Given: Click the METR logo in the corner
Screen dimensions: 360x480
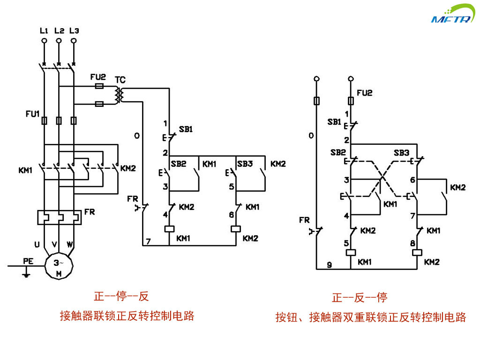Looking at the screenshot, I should (x=453, y=15).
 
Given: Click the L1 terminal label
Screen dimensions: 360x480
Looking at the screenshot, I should (x=44, y=30).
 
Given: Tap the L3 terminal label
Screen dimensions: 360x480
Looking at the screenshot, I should (x=74, y=30).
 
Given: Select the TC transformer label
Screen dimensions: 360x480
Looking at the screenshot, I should (x=120, y=80).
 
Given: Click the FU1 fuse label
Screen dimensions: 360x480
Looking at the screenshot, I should (x=33, y=114).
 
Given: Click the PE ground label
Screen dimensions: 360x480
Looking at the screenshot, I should (x=28, y=261).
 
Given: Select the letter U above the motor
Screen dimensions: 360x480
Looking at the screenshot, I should (x=37, y=244).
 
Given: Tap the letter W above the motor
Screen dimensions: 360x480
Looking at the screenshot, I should (x=70, y=244).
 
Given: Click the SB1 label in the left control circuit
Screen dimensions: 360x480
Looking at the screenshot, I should (x=186, y=129).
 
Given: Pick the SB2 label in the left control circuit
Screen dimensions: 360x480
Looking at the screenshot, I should (x=179, y=164).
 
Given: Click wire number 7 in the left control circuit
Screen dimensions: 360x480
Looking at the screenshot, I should (x=148, y=241).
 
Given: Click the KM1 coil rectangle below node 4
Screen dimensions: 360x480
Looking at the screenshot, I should (x=169, y=229).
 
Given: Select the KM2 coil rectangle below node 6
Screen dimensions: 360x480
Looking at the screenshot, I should (x=235, y=229).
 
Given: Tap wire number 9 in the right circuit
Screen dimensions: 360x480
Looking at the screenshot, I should (x=329, y=265).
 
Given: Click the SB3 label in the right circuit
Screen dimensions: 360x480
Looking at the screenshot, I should (x=401, y=153).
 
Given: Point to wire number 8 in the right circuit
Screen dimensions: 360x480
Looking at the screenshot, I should (x=412, y=243).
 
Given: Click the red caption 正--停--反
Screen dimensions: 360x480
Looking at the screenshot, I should (x=121, y=296).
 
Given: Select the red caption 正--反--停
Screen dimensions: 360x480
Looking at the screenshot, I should (x=360, y=298).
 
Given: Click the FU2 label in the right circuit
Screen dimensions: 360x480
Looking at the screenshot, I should (x=364, y=93).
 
